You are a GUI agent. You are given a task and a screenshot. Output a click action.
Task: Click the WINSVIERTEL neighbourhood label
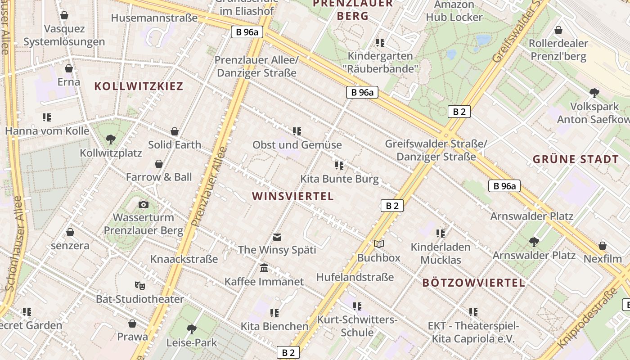click(x=293, y=196)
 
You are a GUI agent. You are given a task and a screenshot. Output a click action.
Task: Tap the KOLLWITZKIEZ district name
click(x=139, y=86)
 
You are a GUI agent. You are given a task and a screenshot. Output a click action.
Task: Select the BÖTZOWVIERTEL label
click(x=474, y=283)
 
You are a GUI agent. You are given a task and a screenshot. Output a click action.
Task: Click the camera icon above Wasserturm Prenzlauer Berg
click(x=144, y=205)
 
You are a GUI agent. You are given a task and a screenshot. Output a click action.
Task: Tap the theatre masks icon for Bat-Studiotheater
click(x=140, y=285)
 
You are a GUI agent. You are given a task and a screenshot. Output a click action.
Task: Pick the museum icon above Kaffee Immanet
click(x=264, y=268)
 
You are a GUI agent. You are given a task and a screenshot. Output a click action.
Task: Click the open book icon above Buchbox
click(x=379, y=244)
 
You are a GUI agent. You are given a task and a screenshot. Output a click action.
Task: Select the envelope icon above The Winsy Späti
click(x=277, y=237)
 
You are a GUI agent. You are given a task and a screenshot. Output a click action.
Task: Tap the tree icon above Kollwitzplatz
click(x=111, y=139)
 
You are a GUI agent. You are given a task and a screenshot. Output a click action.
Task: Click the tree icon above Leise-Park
click(x=192, y=329)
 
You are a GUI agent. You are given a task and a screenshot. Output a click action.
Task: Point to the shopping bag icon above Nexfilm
click(x=603, y=246)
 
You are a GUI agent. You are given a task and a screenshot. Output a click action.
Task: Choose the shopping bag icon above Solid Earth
click(x=175, y=131)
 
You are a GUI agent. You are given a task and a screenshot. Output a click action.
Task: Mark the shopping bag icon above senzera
click(x=70, y=232)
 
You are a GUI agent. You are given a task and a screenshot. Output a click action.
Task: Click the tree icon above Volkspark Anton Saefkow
click(x=594, y=93)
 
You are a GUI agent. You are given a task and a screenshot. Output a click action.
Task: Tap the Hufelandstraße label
click(x=355, y=277)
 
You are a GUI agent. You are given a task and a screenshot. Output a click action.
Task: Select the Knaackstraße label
click(x=184, y=259)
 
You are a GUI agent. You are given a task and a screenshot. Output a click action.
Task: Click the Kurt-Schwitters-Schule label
click(x=357, y=326)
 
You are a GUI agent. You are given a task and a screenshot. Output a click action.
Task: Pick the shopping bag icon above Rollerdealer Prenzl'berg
click(x=558, y=30)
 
